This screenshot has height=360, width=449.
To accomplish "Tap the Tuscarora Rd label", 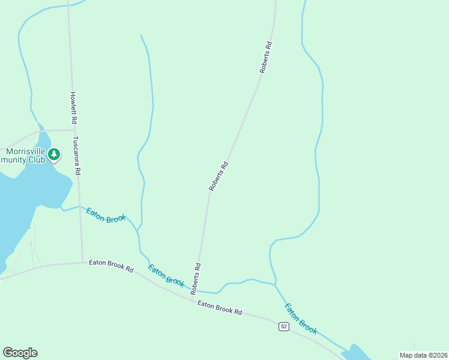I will (77, 155).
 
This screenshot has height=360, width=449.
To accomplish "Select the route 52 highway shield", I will (284, 326).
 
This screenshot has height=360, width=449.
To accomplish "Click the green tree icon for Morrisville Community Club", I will (55, 155).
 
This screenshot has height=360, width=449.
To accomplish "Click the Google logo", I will (20, 353).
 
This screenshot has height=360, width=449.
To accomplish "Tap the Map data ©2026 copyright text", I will (423, 355).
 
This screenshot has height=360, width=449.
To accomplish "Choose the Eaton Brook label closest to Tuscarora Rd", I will (106, 215).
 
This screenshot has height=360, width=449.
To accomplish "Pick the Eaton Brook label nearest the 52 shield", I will (300, 318).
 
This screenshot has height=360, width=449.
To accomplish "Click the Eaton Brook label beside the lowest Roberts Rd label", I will (166, 275).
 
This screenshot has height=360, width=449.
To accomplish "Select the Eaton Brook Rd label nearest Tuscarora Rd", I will (111, 266).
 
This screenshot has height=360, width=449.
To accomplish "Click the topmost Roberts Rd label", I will (267, 57).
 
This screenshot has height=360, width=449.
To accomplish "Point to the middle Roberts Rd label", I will (218, 176).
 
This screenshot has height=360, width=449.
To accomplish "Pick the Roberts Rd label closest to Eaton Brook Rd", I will (197, 274).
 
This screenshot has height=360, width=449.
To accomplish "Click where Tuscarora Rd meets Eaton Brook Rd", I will (82, 262).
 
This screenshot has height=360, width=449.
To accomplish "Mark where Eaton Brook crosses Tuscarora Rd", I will (79, 206).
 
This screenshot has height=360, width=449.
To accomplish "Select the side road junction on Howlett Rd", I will (74, 129).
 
